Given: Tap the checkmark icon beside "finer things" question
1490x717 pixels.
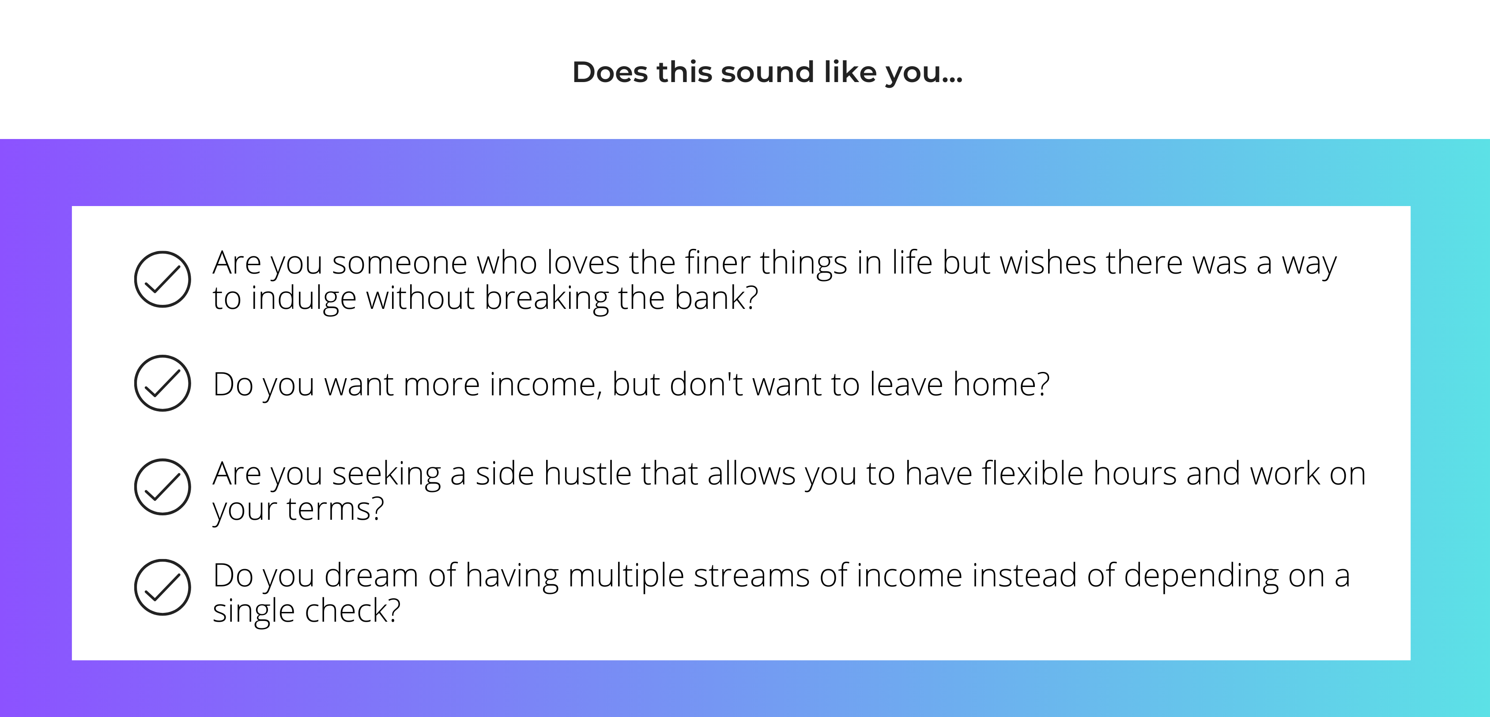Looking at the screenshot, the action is (x=162, y=279).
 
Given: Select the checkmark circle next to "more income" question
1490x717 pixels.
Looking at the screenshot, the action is (x=162, y=383).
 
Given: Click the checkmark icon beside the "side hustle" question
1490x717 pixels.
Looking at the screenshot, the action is (x=162, y=487).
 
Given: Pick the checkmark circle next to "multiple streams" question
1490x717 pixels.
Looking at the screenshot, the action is (x=162, y=587).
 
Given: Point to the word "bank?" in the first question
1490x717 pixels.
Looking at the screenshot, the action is (x=716, y=298).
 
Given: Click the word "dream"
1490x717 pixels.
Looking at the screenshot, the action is (x=371, y=575).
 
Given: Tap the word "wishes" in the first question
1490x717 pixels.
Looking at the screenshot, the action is (x=1048, y=263).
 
